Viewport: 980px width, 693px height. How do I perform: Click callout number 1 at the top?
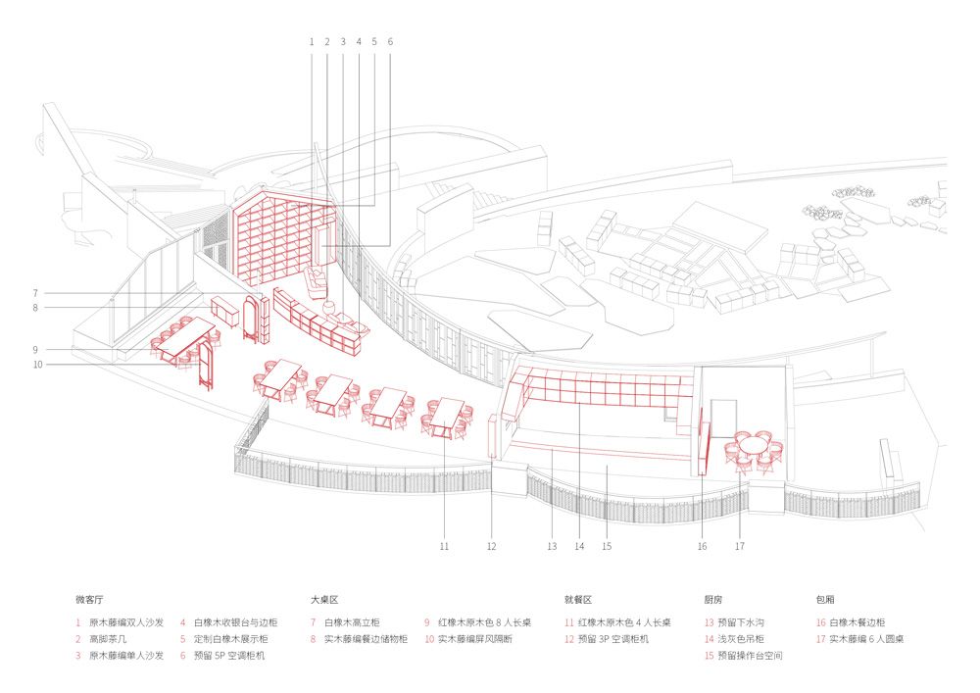pos(312,42)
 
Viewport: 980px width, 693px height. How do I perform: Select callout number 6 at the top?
pos(391,42)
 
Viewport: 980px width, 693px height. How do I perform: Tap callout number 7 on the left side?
pos(35,293)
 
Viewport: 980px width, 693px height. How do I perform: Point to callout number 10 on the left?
pos(37,365)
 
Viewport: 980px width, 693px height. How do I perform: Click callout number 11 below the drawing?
pos(444,546)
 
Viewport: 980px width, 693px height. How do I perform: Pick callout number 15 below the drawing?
pos(607,546)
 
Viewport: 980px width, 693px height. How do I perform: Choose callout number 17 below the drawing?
pos(740,546)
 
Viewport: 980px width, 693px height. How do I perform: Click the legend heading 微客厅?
pos(89,600)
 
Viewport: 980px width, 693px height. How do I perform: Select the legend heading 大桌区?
pos(324,600)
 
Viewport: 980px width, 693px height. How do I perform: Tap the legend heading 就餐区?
pos(578,600)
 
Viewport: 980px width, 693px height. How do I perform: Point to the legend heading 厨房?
pos(713,600)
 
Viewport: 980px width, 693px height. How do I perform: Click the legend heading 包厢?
pos(825,600)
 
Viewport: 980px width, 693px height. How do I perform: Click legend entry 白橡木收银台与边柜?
pos(235,623)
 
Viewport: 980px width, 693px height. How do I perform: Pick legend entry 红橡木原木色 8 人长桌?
pos(484,623)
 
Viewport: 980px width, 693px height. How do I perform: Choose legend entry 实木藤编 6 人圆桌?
pos(867,639)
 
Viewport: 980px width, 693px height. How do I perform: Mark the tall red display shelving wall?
pos(284,237)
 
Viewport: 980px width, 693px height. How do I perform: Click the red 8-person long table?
pos(185,336)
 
